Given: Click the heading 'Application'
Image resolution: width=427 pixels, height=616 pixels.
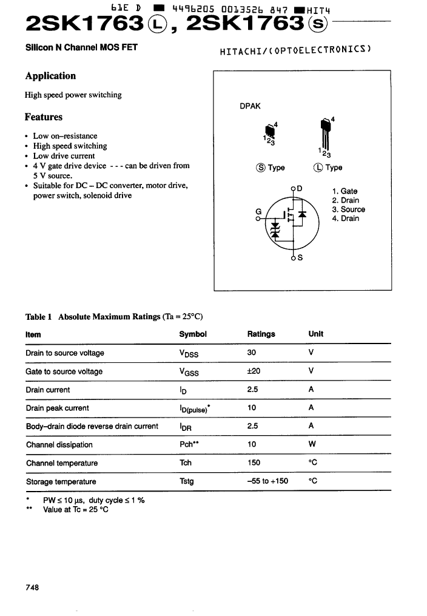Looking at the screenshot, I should click(50, 76).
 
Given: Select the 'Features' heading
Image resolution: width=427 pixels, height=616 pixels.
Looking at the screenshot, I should click(43, 117).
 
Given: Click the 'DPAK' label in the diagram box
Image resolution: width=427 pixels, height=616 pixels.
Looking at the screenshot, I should click(250, 106).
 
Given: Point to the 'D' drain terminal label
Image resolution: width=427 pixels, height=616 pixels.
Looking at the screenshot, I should click(300, 188).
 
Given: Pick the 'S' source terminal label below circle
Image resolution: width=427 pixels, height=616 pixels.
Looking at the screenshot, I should click(300, 257).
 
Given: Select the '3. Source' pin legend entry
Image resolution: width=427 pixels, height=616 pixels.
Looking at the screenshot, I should click(348, 209).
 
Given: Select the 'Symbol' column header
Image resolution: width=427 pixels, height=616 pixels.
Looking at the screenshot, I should click(193, 334).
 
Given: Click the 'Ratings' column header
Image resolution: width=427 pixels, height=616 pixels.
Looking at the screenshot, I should click(261, 334).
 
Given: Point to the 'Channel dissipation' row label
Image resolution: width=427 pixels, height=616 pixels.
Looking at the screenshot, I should click(59, 445).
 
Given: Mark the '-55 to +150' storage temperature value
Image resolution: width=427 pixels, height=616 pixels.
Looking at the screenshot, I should click(267, 481).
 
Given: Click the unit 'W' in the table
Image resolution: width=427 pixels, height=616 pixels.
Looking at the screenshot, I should click(312, 445).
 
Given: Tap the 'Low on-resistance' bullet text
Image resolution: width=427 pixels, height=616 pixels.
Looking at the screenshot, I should click(65, 136).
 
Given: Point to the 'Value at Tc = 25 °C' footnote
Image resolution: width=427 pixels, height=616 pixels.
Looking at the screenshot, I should click(76, 510).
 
